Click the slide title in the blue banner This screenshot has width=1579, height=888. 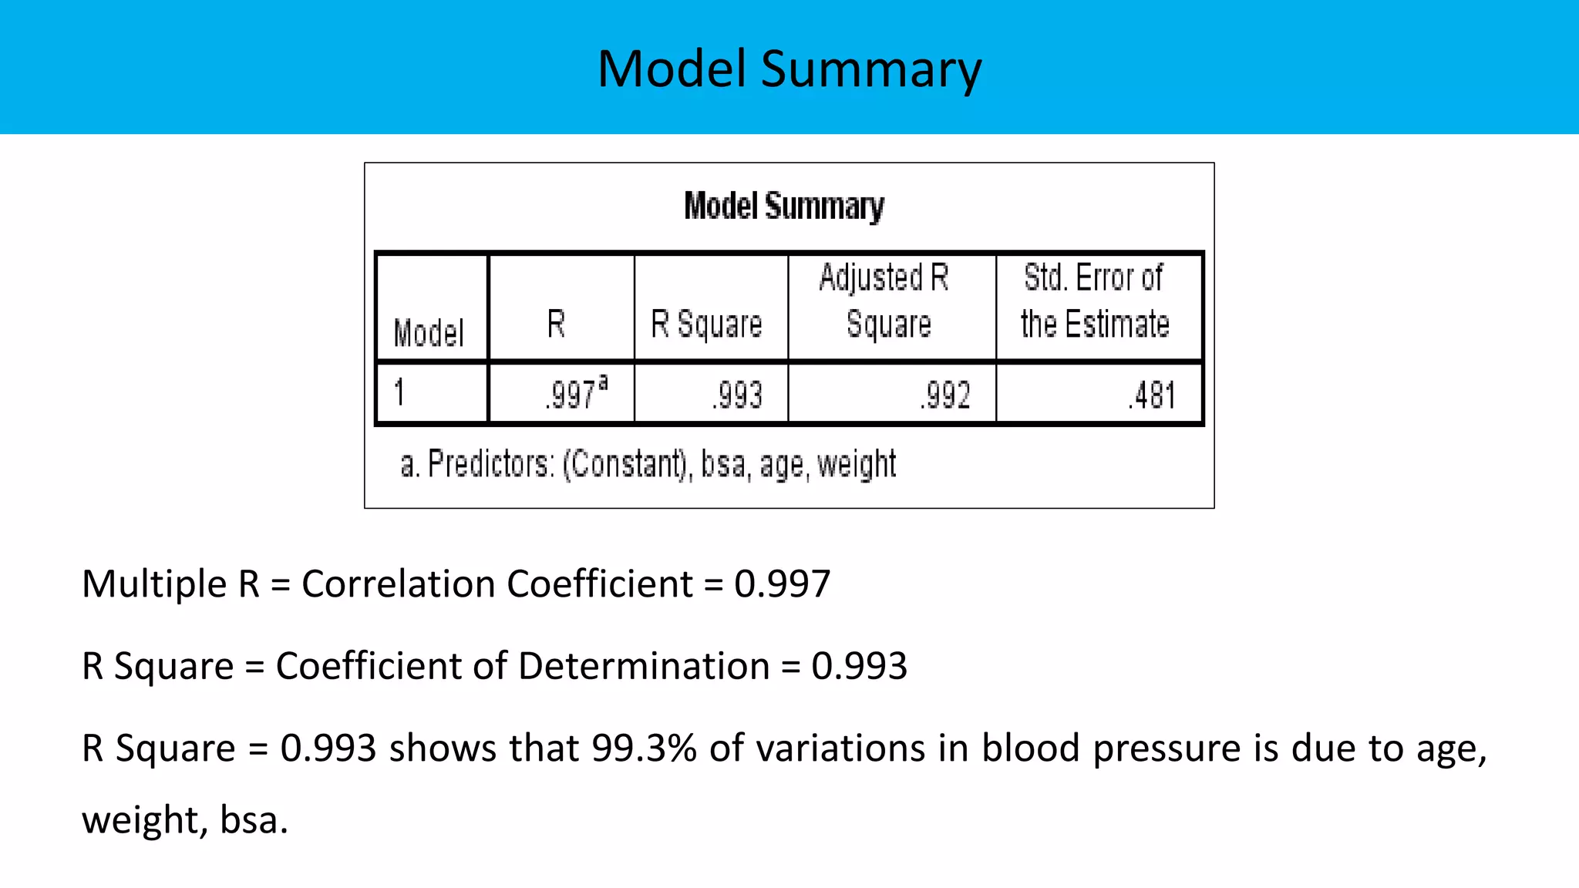tap(789, 69)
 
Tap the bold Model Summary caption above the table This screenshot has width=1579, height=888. tap(784, 207)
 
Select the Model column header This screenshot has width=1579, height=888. tap(429, 333)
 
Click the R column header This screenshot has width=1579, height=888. tap(557, 324)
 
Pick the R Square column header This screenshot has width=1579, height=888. tap(706, 324)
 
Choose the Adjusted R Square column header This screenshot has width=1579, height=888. tap(887, 301)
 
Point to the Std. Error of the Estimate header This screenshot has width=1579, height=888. tap(1095, 301)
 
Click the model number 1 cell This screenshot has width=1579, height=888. tap(399, 392)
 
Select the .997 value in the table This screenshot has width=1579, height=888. tap(571, 395)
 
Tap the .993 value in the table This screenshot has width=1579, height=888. tap(737, 395)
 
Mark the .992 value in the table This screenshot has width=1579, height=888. tap(945, 395)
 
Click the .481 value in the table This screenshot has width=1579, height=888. tap(1152, 395)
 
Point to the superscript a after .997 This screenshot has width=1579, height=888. tap(603, 382)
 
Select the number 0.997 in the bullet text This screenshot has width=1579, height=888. tap(782, 584)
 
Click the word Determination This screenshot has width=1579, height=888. tap(644, 666)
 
